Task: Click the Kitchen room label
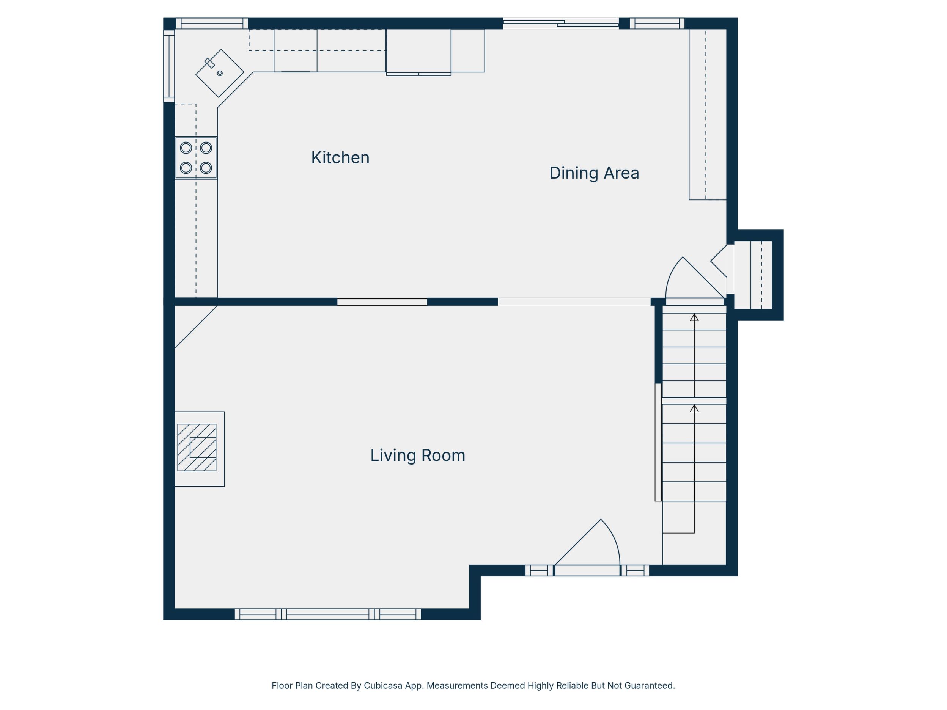340,158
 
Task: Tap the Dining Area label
594,173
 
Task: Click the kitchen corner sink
220,73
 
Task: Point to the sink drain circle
220,74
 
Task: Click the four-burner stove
196,158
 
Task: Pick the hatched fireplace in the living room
197,448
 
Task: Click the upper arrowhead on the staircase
694,317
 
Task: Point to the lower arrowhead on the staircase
694,409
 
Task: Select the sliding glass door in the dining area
561,24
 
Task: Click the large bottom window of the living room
328,614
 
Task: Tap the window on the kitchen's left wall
169,66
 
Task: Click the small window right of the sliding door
657,24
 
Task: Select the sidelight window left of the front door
540,570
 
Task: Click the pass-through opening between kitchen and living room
382,302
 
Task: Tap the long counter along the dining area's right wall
708,115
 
